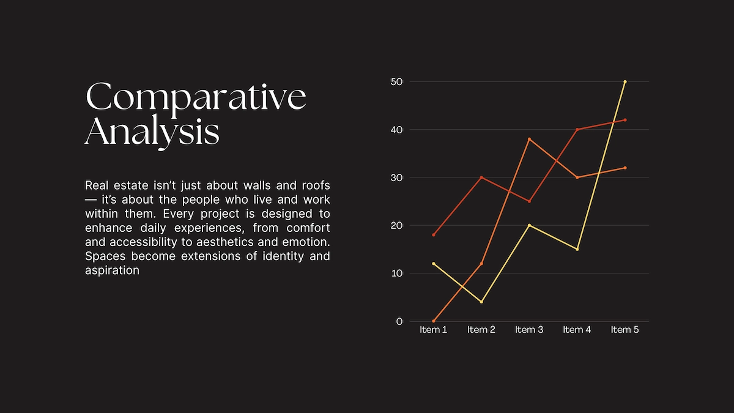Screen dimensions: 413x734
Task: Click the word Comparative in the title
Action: click(x=196, y=97)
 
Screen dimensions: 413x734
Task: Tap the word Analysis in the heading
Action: click(x=152, y=132)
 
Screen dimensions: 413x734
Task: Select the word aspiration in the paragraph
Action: click(x=112, y=270)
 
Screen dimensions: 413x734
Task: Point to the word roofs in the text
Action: click(x=316, y=185)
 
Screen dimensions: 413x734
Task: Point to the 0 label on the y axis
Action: click(x=399, y=321)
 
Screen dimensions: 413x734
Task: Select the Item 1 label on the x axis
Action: click(x=433, y=330)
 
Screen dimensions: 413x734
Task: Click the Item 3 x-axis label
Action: click(x=529, y=330)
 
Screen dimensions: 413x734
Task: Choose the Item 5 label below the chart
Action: click(x=625, y=330)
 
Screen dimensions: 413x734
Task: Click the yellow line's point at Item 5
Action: click(x=625, y=81)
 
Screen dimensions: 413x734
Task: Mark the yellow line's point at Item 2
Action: click(x=481, y=302)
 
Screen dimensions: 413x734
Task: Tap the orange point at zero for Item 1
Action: click(x=434, y=321)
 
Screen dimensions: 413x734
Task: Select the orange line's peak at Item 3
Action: click(x=529, y=139)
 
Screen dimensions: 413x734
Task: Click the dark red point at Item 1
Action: click(x=434, y=235)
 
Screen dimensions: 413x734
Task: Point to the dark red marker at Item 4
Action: click(x=577, y=129)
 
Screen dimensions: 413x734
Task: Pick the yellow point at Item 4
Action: click(x=577, y=249)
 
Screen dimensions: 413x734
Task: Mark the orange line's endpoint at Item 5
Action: click(x=625, y=168)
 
